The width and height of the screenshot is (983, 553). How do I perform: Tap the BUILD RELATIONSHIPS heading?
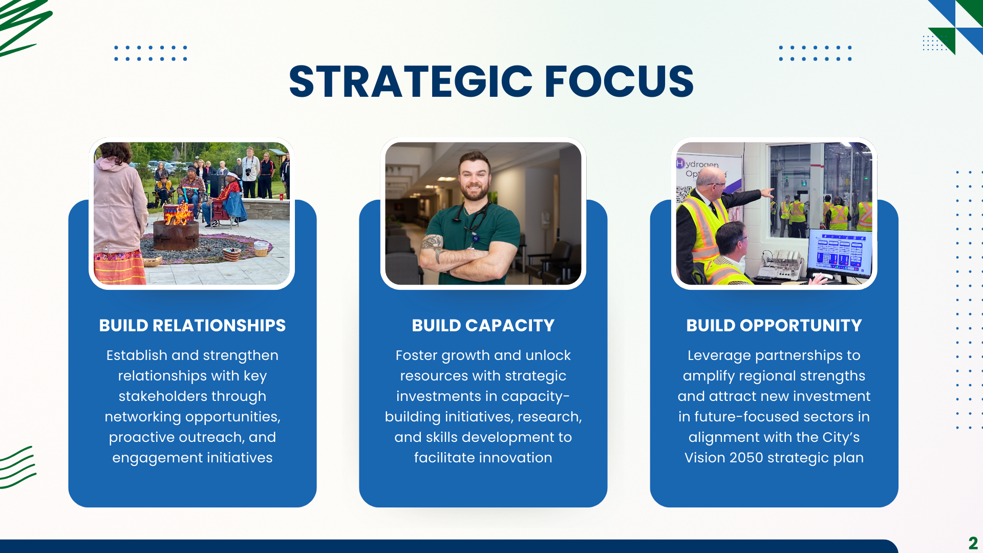click(193, 325)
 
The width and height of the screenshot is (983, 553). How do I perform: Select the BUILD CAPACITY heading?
click(483, 325)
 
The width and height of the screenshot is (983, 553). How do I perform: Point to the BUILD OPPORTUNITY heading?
click(774, 325)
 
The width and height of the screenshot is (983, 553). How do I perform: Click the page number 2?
click(973, 543)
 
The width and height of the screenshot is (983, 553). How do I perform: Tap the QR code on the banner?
click(683, 194)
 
